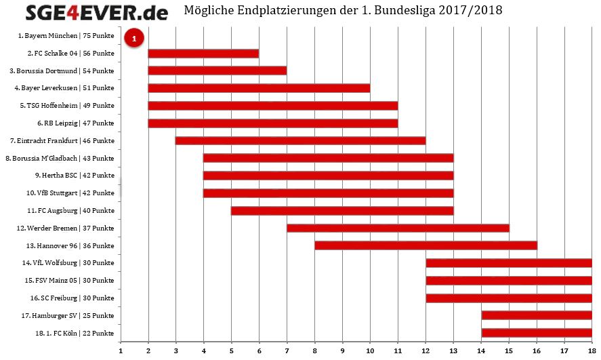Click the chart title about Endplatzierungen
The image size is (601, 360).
pos(348,11)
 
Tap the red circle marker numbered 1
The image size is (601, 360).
pos(134,39)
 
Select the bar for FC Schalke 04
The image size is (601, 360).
pos(203,53)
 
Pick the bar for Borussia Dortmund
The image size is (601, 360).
pos(217,71)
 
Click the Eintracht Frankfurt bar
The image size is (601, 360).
pos(300,140)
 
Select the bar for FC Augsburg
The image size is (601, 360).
pos(341,210)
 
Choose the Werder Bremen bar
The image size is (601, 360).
pos(397,228)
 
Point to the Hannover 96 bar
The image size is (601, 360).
pos(425,245)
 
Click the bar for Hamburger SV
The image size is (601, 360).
pos(536,315)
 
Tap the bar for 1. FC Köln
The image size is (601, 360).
pos(536,332)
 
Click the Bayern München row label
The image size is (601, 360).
pos(66,35)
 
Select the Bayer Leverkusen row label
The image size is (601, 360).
pos(64,88)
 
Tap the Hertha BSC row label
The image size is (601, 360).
pos(75,176)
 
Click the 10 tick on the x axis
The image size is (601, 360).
pos(370,351)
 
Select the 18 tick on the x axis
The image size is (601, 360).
pos(592,351)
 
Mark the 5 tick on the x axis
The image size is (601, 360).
pos(231,351)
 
